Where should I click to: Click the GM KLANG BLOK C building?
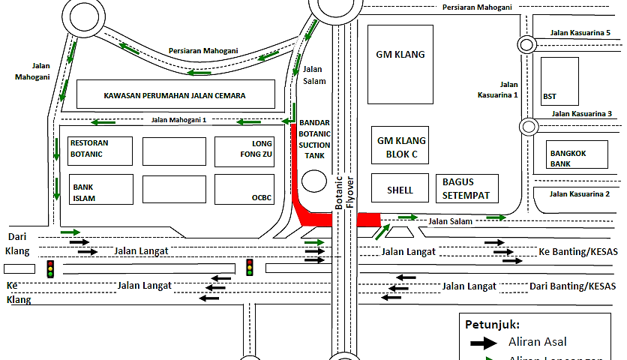400,146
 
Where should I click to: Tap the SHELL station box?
400,190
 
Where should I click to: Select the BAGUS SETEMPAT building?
466,189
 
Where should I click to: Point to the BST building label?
549,97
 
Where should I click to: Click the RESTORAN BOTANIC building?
100,151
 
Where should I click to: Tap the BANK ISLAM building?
100,188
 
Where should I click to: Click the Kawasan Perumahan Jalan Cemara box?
175,95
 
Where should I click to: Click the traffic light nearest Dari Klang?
51,268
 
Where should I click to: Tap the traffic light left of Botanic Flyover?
250,267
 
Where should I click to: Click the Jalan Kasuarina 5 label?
580,31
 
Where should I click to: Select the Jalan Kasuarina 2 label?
580,194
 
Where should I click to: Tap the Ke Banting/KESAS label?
578,251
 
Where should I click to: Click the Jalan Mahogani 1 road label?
178,120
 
